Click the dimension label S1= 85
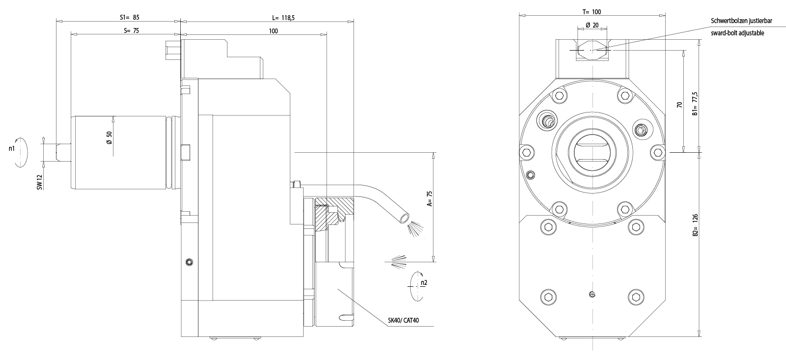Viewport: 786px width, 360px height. [x=130, y=17]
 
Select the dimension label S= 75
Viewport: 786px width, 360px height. [x=132, y=30]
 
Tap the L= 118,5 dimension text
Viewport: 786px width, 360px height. [x=283, y=17]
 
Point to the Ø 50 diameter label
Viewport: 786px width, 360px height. [x=109, y=138]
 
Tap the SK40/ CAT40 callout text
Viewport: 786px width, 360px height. [x=403, y=321]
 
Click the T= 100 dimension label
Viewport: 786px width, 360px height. [x=591, y=12]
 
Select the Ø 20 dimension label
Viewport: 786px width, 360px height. [x=591, y=25]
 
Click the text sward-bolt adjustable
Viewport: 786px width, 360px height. [x=737, y=33]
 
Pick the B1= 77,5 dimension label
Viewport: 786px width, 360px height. [x=695, y=103]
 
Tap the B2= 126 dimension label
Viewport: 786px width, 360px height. [x=695, y=225]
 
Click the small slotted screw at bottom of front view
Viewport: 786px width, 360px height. [x=592, y=294]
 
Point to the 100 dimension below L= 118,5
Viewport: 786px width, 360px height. [x=273, y=31]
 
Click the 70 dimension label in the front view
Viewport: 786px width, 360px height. [x=679, y=105]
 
